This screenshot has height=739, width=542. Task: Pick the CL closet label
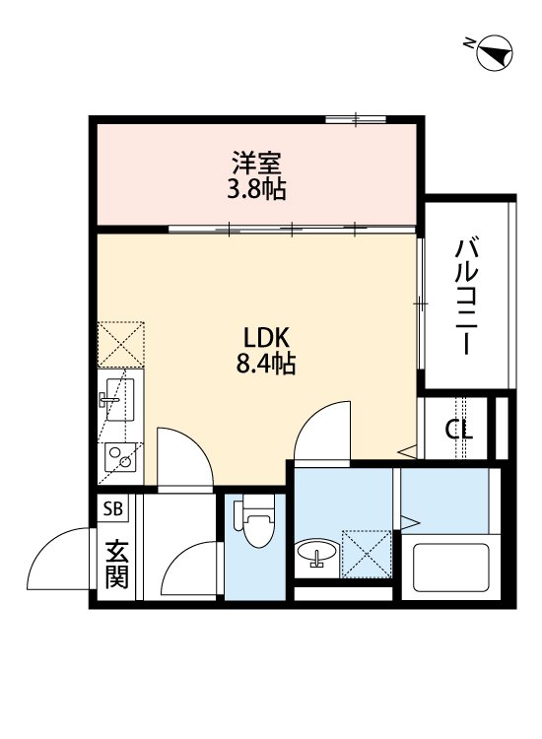click(x=458, y=430)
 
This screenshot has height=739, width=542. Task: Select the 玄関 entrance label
click(x=116, y=564)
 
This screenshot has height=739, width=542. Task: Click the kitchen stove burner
click(x=120, y=455)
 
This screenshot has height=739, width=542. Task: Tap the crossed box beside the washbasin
click(x=366, y=554)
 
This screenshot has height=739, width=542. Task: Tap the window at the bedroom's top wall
click(x=355, y=119)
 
